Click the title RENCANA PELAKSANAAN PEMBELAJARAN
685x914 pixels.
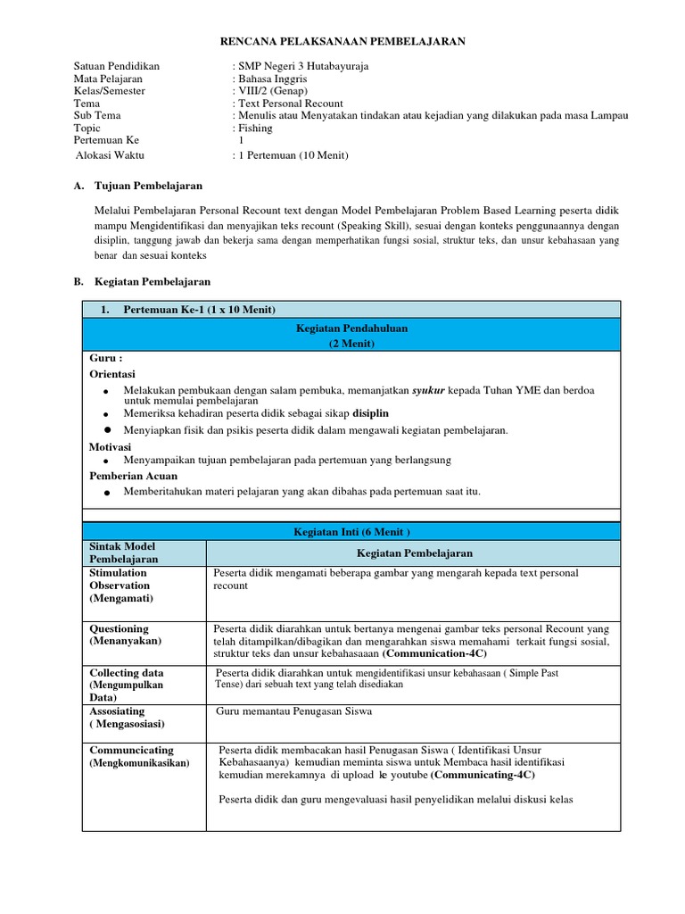[x=342, y=41]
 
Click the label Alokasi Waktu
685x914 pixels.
[x=112, y=154]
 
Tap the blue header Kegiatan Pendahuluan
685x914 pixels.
[x=351, y=329]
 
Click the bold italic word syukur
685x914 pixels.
[x=428, y=391]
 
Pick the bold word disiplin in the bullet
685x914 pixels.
[x=371, y=413]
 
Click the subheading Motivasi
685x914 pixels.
[x=111, y=445]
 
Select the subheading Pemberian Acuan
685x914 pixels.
[x=134, y=476]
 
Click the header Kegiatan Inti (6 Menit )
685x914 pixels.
[x=351, y=531]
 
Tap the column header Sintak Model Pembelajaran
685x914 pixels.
[x=123, y=553]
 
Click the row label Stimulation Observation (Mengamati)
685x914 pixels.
[x=120, y=586]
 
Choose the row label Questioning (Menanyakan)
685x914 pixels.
[x=120, y=635]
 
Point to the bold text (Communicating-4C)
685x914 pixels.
[x=483, y=775]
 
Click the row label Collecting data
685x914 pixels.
[x=127, y=672]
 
